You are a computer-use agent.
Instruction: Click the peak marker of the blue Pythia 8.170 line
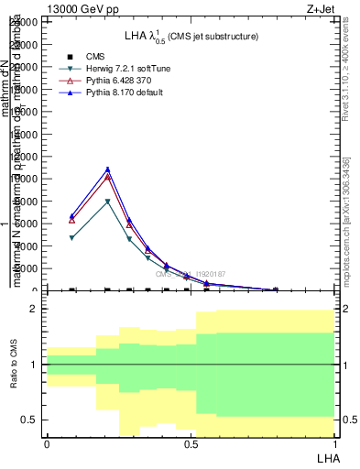click(108, 169)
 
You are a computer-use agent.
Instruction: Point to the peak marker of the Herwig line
click(108, 202)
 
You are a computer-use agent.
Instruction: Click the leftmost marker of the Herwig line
click(72, 238)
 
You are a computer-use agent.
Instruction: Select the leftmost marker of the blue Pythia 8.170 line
click(72, 216)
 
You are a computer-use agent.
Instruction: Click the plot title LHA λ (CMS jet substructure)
click(191, 36)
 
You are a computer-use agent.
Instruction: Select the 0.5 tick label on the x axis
click(190, 444)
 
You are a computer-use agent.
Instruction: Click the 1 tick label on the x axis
click(334, 444)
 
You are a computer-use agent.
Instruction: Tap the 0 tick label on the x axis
click(47, 444)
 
